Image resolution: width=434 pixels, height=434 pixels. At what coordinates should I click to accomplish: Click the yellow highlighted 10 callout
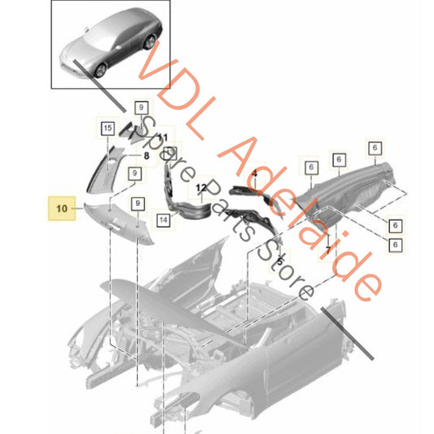point(62,208)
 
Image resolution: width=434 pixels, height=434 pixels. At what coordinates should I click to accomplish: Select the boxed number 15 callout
point(107,127)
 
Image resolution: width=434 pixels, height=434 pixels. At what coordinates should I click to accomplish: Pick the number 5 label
point(280,262)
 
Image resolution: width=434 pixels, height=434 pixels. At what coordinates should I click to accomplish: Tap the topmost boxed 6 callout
point(374,148)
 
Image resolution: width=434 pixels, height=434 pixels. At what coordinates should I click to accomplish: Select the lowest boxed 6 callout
point(395,244)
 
